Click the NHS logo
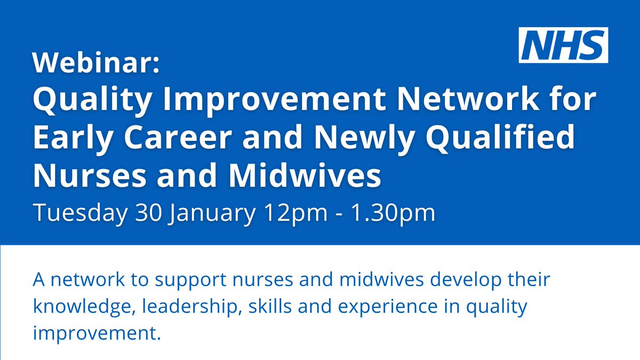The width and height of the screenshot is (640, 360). coord(563,45)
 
